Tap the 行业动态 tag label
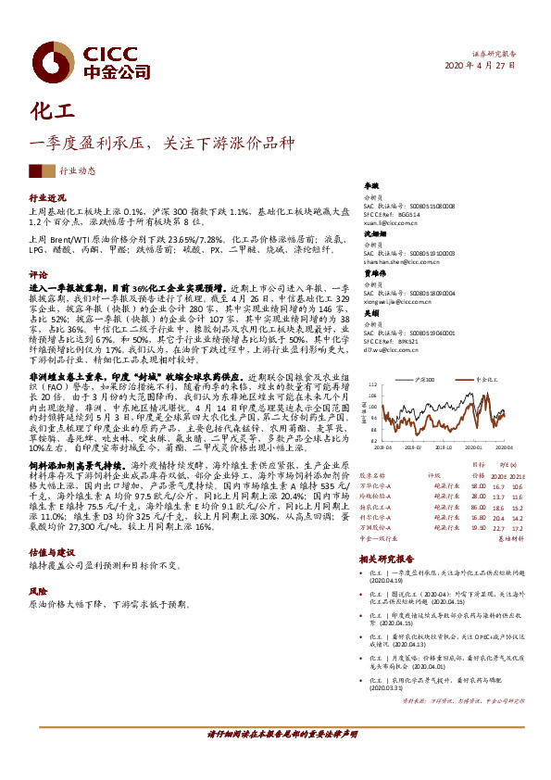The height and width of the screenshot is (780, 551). pos(77,170)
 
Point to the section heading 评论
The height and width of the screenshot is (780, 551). pos(38,275)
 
